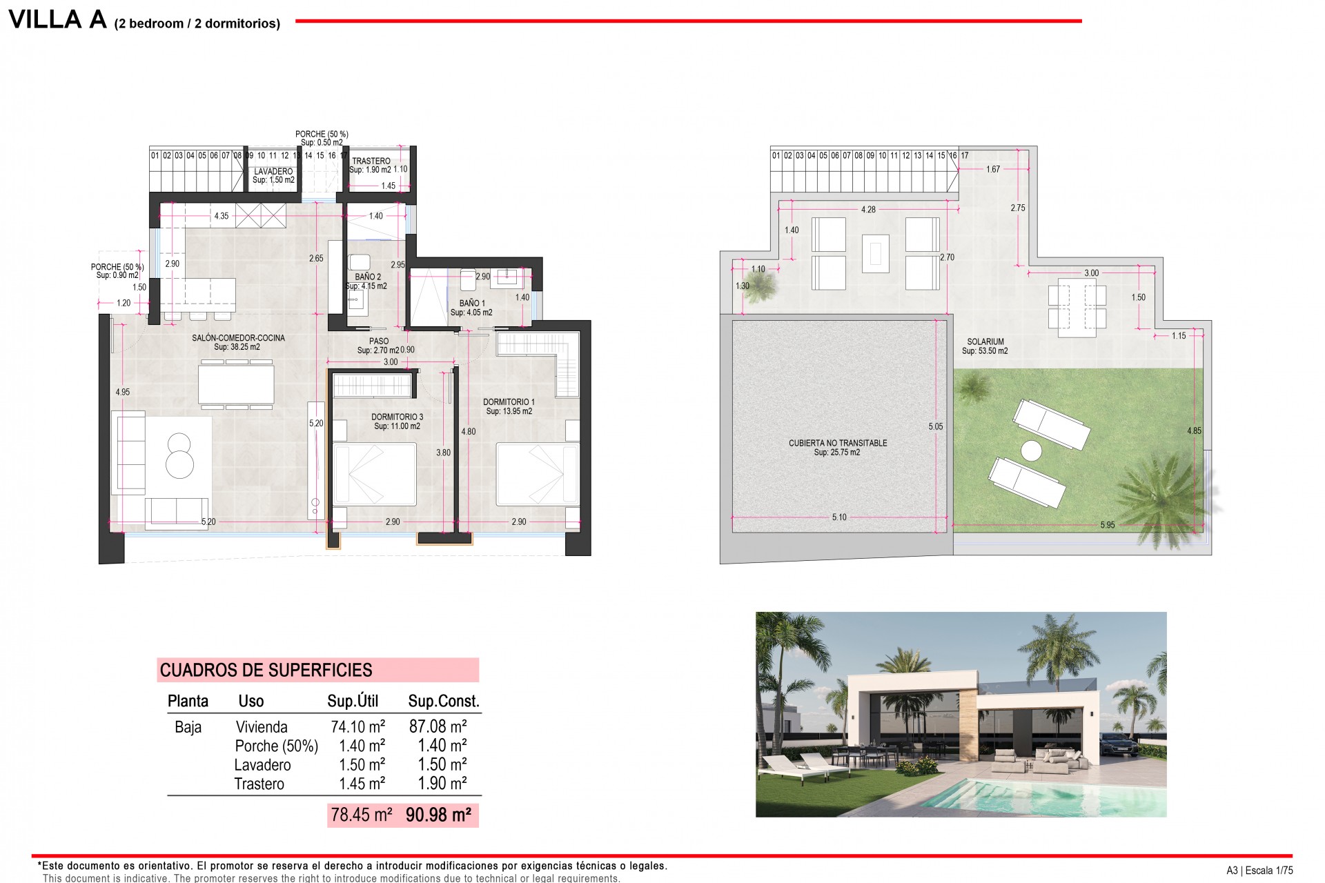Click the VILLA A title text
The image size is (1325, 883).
tap(58, 19)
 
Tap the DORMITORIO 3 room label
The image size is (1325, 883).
tap(397, 417)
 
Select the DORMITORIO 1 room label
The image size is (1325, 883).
tap(509, 401)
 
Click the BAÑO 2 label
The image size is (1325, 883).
tap(368, 277)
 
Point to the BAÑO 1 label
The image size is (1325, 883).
tap(472, 303)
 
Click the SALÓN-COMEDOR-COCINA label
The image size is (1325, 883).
tap(238, 338)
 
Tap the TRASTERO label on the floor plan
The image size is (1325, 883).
tap(371, 161)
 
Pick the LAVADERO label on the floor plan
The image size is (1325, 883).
tap(273, 171)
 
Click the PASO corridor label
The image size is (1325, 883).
tap(379, 341)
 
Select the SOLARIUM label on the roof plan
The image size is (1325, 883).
tap(985, 341)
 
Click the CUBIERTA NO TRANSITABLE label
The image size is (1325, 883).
tap(838, 443)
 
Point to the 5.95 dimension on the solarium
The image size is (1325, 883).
tap(1107, 525)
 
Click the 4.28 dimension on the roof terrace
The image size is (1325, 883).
tap(868, 209)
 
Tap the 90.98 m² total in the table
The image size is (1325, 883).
tap(438, 815)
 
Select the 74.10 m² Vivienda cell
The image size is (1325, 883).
tap(357, 726)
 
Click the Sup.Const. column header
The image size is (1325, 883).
tap(443, 701)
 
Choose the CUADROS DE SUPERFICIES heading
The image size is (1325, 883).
tap(266, 670)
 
